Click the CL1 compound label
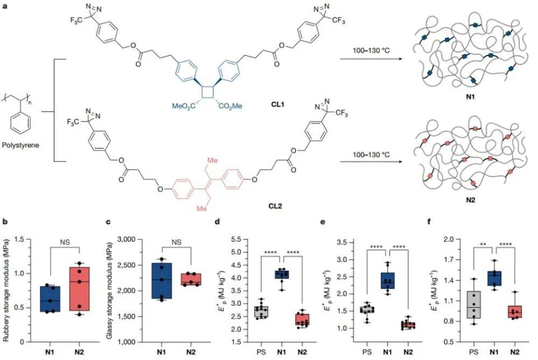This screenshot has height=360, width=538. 277,104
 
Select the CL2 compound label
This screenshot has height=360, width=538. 275,206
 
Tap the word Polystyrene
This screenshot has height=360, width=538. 20,145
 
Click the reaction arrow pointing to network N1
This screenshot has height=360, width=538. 370,59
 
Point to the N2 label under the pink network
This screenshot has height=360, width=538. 470,200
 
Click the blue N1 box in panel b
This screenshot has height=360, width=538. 50,299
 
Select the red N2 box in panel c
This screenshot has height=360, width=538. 191,279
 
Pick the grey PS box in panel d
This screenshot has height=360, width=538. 261,312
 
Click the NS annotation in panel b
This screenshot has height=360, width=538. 65,242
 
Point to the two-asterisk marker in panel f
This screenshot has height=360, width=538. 484,244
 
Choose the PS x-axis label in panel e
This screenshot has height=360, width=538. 367,352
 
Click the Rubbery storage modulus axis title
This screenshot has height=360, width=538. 6,290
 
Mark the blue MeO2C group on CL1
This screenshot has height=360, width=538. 184,106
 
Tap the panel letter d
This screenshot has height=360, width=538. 217,221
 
